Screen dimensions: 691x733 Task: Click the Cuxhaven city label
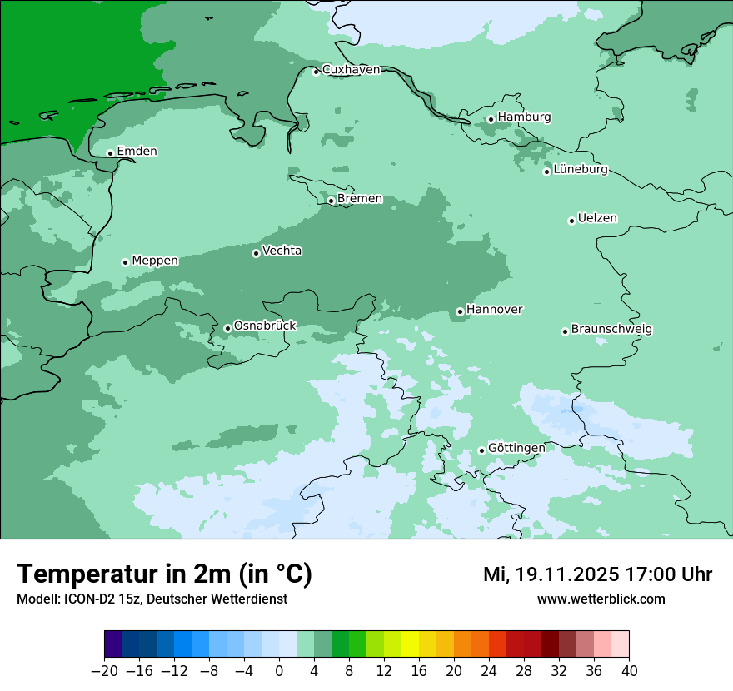351,70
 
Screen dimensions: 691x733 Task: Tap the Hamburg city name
524,117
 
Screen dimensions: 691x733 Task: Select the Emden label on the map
137,152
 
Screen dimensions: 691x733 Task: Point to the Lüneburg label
580,170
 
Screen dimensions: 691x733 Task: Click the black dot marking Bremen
331,201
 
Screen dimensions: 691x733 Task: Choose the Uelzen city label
597,219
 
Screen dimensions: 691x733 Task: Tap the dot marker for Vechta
256,253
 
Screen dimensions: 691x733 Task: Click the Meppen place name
155,261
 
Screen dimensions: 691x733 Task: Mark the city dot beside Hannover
460,312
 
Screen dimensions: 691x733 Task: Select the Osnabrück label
265,326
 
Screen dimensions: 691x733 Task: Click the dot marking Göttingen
481,451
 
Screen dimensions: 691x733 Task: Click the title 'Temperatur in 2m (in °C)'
164,574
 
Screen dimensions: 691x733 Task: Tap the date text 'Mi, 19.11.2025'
550,575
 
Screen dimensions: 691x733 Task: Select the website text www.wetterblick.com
601,599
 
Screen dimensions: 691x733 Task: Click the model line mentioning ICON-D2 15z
152,599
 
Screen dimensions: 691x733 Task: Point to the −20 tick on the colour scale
104,671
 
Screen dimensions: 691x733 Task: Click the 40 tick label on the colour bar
629,671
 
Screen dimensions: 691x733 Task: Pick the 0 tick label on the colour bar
279,671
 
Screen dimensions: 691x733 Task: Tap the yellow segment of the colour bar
410,645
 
